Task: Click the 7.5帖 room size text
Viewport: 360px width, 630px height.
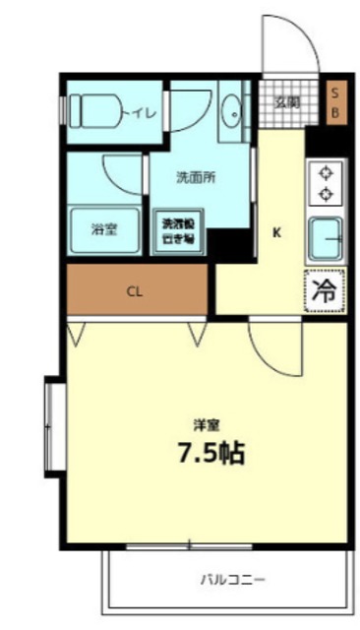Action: coord(210,454)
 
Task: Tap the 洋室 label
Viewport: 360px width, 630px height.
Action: coord(207,425)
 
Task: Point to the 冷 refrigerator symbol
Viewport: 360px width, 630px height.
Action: coord(325,289)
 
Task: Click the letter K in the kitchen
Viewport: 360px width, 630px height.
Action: coord(276,233)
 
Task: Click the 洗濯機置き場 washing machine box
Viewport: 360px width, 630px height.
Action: coord(178,230)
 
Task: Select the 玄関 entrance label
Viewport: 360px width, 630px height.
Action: coord(287,101)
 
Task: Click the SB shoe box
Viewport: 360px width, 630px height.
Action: coord(334,101)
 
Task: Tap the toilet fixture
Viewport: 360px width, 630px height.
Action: coord(96,112)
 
